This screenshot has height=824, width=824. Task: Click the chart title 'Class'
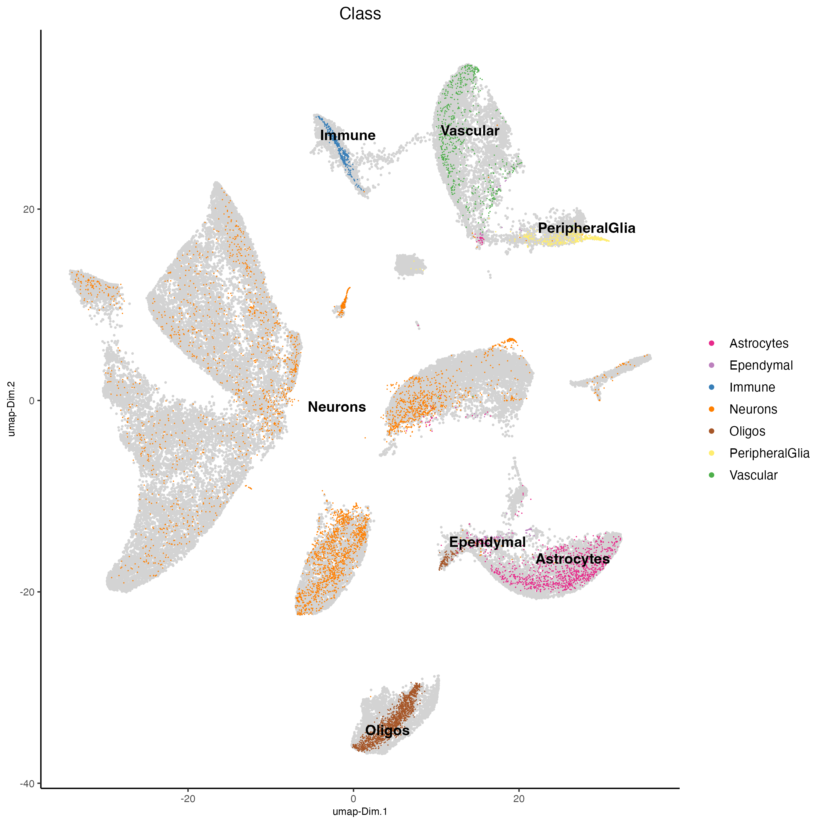tap(360, 14)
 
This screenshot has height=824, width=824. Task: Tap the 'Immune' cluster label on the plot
tap(348, 135)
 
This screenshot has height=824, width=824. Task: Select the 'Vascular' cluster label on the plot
tap(470, 131)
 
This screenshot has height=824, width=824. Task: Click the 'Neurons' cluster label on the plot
tap(337, 407)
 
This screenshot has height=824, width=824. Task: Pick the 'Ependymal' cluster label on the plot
tap(487, 542)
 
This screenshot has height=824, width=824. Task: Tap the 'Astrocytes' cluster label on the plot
tap(572, 559)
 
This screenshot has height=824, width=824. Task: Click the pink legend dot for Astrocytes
tap(711, 343)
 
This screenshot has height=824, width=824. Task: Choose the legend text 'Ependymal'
tap(761, 366)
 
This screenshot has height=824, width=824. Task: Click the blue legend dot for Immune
tap(711, 387)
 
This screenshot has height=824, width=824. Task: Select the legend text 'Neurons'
tap(753, 410)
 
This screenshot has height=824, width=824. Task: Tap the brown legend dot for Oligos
tap(711, 431)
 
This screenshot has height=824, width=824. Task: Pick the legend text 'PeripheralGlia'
tap(769, 454)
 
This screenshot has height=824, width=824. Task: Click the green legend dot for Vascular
tap(711, 475)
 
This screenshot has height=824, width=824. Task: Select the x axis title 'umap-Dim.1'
tap(360, 811)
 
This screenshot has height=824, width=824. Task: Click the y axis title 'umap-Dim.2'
tap(12, 409)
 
